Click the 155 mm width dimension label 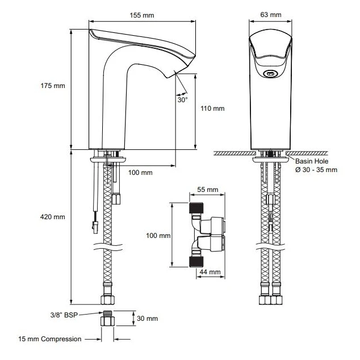(x=141, y=14)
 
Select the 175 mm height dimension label (x=53, y=86)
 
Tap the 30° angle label (x=182, y=99)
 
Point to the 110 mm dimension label (x=213, y=108)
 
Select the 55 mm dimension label (x=207, y=189)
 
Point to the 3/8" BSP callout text (x=62, y=314)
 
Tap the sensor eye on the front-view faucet (x=271, y=73)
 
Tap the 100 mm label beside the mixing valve (x=158, y=235)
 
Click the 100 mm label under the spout (x=139, y=172)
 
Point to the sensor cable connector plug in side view (x=95, y=227)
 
